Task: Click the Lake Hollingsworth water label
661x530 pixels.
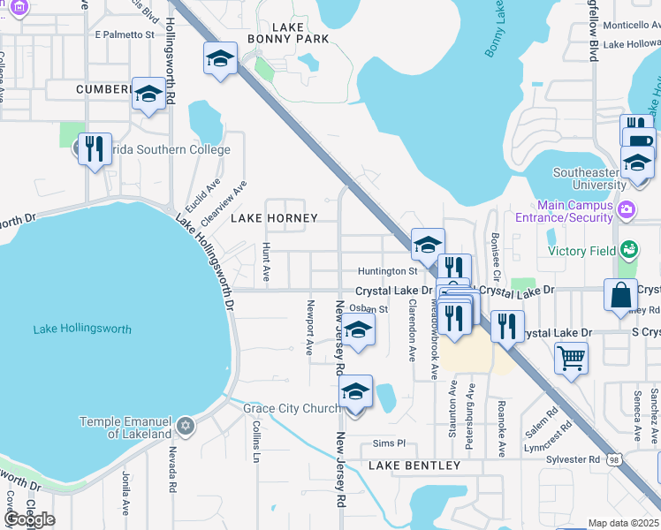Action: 82,329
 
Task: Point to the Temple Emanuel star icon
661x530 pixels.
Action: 185,427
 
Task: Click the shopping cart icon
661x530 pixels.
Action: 571,359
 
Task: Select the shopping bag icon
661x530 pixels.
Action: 620,294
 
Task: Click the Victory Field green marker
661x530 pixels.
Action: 628,251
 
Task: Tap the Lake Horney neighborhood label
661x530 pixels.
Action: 273,217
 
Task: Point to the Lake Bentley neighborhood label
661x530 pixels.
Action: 414,466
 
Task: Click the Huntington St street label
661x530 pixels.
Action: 387,271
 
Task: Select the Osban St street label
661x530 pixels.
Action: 368,309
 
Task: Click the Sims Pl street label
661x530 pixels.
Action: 388,443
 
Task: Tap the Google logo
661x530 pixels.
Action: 29,519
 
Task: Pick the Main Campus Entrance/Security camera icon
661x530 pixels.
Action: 626,210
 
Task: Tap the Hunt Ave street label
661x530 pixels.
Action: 266,262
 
